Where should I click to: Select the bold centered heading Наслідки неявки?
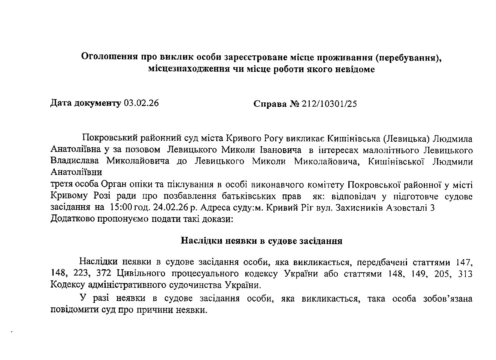click(x=261, y=241)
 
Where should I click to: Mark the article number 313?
click(x=465, y=273)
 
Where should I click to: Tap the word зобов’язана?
click(x=448, y=299)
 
